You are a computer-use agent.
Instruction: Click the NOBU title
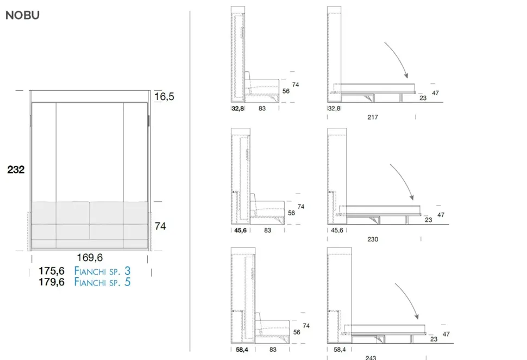click(22, 15)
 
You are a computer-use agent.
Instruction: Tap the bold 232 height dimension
click(16, 170)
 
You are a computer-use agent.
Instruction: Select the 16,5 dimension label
click(165, 97)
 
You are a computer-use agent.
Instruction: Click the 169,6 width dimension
click(90, 258)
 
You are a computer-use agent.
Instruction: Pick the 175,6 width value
click(52, 271)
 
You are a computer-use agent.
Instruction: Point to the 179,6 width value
click(52, 282)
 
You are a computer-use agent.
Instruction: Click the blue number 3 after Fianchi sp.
click(127, 271)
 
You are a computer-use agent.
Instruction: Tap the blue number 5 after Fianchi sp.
click(127, 282)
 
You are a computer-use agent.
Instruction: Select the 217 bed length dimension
click(373, 117)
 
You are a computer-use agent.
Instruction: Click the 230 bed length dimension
click(373, 239)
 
